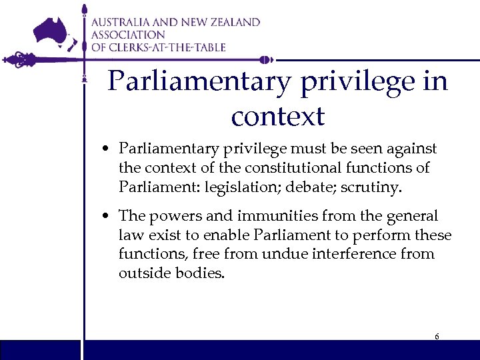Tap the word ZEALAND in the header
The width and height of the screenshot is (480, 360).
tap(233, 22)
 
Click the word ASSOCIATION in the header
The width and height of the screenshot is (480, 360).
tap(128, 35)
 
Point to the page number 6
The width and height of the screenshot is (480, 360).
tap(437, 337)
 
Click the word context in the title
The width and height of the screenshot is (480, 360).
tap(277, 116)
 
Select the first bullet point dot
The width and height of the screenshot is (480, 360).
tap(107, 149)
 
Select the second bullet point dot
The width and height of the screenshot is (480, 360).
tap(107, 217)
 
